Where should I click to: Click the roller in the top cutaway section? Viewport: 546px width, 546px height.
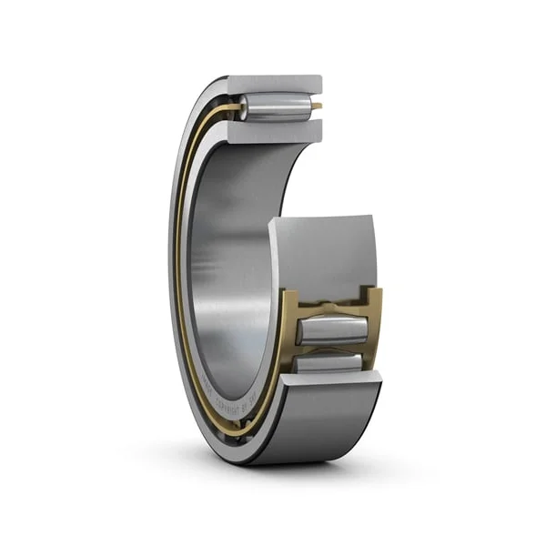[x=277, y=107]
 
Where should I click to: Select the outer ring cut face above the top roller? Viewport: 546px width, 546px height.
[x=273, y=84]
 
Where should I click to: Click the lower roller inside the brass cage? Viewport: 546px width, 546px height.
[x=331, y=364]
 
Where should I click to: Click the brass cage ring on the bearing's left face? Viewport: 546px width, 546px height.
[x=181, y=273]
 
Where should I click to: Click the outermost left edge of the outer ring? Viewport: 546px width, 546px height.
[x=170, y=273]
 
